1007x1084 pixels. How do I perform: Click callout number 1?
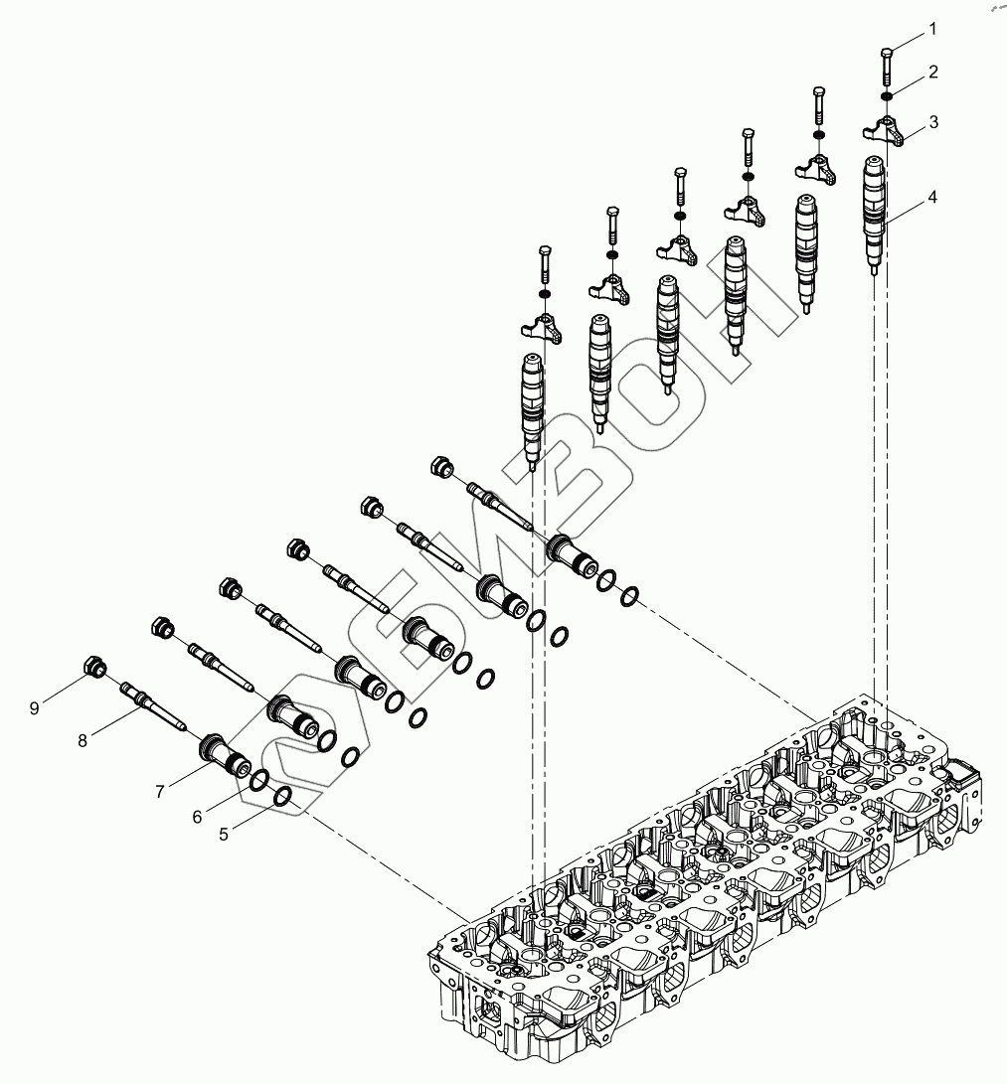pyautogui.click(x=932, y=30)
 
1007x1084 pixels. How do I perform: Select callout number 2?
pyautogui.click(x=932, y=72)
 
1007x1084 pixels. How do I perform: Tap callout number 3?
pyautogui.click(x=932, y=121)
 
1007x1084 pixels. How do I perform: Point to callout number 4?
pyautogui.click(x=932, y=197)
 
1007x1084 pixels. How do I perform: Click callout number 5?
pyautogui.click(x=224, y=835)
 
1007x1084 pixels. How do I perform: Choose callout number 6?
pyautogui.click(x=197, y=816)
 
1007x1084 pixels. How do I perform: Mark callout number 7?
pyautogui.click(x=159, y=791)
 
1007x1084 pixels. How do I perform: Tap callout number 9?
pyautogui.click(x=34, y=707)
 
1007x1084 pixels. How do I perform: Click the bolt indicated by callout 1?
pyautogui.click(x=888, y=67)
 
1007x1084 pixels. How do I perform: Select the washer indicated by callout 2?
pyautogui.click(x=887, y=96)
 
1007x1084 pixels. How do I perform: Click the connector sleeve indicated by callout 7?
pyautogui.click(x=225, y=754)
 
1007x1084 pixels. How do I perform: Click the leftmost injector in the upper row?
pyautogui.click(x=532, y=407)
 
